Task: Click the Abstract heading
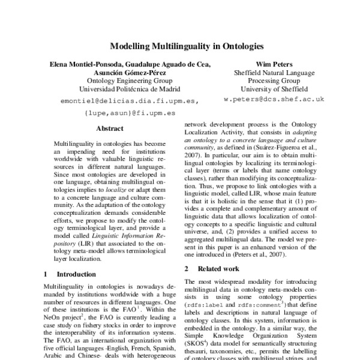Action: click(x=109, y=128)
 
